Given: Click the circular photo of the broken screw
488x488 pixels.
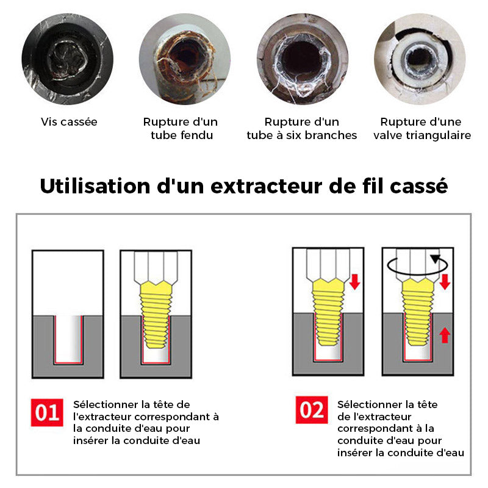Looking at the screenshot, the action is tap(68, 59).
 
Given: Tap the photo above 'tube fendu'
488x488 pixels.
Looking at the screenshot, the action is tap(185, 59).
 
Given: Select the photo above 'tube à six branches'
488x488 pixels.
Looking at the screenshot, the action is tap(303, 59).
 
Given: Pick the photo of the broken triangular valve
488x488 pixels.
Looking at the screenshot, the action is tap(420, 59).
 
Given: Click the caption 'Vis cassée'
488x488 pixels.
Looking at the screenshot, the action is tap(69, 121).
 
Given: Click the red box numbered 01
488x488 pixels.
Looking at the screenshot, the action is tap(47, 412).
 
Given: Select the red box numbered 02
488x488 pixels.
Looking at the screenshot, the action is tap(312, 410).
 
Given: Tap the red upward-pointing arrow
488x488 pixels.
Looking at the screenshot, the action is tap(445, 335).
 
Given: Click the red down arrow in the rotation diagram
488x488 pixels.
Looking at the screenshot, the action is tap(445, 282).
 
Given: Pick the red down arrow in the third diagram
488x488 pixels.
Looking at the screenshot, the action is tap(355, 282).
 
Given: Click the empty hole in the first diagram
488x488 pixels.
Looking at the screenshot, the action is tap(68, 339).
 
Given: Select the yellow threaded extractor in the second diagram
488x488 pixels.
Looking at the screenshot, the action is tap(156, 314).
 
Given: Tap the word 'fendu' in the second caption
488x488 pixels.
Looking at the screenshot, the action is tap(196, 135).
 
